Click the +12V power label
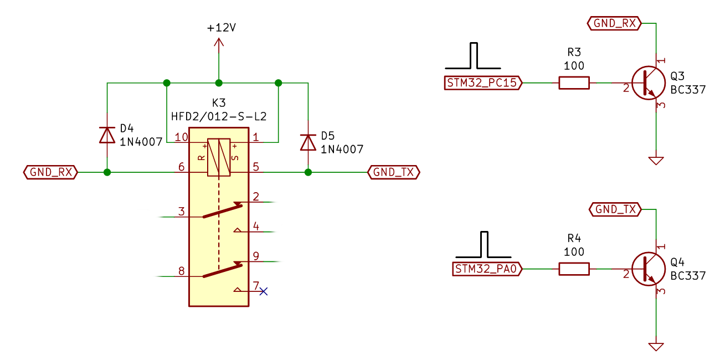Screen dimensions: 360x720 click(221, 28)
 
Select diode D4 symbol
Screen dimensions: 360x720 click(107, 135)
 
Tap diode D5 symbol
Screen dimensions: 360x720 click(308, 142)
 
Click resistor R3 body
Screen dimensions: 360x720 click(574, 83)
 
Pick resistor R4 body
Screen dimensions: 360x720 click(574, 269)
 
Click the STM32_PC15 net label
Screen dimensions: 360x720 click(484, 83)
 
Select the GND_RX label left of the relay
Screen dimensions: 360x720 click(50, 172)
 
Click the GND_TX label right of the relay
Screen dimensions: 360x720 click(394, 172)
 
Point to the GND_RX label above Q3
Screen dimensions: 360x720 click(614, 23)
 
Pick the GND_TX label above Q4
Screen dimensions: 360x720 click(614, 209)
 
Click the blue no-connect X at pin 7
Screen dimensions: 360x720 click(264, 291)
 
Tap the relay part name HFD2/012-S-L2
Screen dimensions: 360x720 click(219, 117)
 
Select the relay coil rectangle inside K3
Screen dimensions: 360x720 click(219, 157)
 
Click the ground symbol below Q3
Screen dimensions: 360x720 click(656, 160)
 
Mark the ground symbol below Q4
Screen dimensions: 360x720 click(656, 346)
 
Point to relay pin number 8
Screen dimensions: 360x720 click(181, 271)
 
